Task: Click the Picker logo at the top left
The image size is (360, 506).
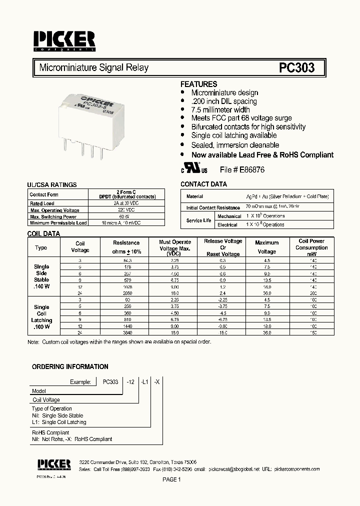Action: [64, 40]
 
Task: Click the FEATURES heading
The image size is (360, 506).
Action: [198, 84]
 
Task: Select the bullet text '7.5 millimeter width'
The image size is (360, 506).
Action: [220, 109]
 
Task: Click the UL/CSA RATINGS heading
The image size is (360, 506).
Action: [52, 184]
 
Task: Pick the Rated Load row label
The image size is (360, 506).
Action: [42, 203]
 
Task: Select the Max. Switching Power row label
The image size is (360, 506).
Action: [53, 216]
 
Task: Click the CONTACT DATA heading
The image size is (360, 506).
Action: [203, 184]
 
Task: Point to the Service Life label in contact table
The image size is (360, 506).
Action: [198, 220]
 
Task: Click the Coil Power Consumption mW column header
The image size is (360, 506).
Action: [311, 247]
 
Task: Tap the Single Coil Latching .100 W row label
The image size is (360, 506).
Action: [41, 317]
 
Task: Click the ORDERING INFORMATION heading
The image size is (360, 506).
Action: [70, 366]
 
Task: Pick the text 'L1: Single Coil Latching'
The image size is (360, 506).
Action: [59, 422]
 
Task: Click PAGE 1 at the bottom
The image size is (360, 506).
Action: [171, 479]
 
